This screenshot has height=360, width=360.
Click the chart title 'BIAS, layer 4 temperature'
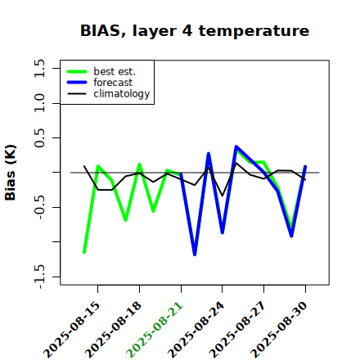click(x=195, y=30)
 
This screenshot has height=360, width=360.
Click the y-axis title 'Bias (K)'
click(x=11, y=173)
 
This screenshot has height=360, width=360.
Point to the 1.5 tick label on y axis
click(x=39, y=68)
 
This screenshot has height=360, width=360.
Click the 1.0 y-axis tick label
click(x=39, y=103)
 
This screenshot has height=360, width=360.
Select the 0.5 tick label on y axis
click(x=39, y=138)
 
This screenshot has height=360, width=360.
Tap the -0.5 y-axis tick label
click(x=39, y=207)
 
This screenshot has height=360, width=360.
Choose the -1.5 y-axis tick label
click(x=39, y=277)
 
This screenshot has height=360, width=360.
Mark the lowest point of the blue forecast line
click(x=195, y=254)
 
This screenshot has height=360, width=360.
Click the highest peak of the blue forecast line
click(x=236, y=146)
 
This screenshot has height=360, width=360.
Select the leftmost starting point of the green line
click(x=84, y=252)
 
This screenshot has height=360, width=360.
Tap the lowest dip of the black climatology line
click(x=223, y=196)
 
